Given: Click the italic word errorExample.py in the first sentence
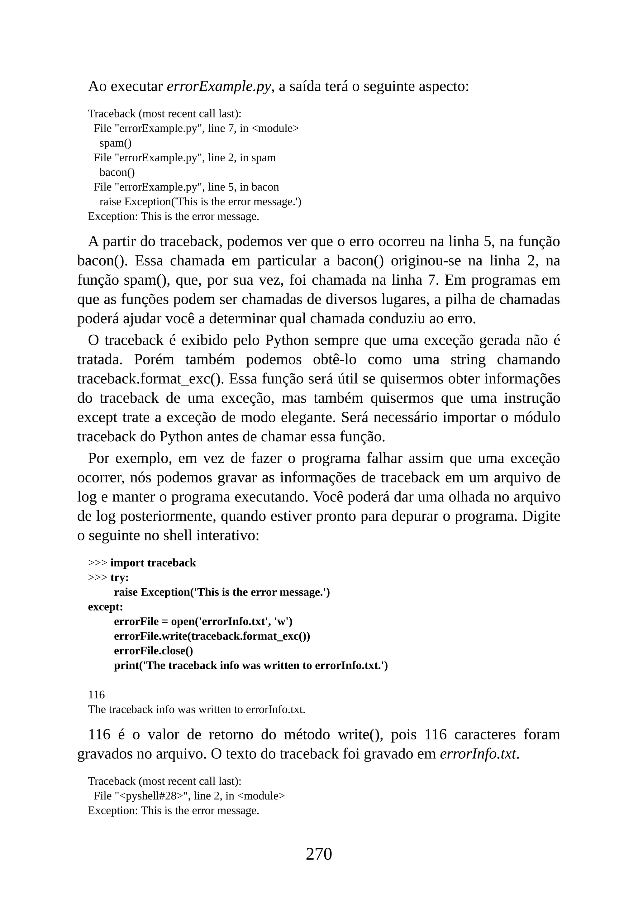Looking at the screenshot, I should (219, 86).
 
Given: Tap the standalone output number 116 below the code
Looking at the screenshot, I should (96, 695).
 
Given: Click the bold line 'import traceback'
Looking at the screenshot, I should (153, 563).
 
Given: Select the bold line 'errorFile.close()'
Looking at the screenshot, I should (153, 651).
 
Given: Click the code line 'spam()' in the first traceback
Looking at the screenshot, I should (116, 143).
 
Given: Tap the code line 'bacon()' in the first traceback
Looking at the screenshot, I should (117, 172).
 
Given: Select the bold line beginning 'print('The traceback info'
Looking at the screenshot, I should (251, 666).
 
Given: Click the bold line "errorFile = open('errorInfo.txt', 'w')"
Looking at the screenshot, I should (203, 621).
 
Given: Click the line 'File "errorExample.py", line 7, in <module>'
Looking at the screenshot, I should (196, 128).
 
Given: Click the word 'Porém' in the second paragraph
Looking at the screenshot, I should (154, 359).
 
